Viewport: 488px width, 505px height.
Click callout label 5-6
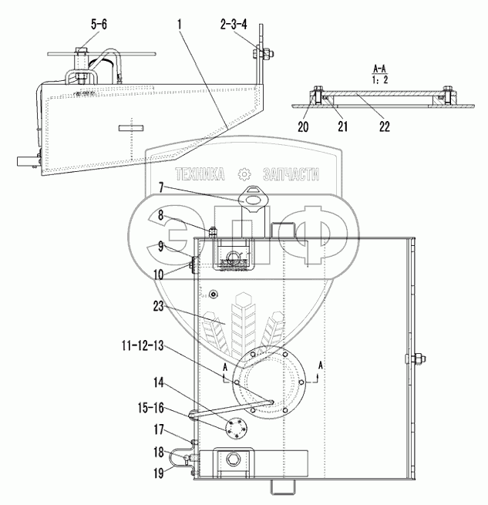(99, 24)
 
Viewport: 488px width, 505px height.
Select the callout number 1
(180, 24)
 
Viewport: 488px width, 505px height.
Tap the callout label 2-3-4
(234, 24)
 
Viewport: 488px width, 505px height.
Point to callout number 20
(303, 127)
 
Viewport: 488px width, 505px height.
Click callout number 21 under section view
(343, 126)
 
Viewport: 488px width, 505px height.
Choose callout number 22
(384, 126)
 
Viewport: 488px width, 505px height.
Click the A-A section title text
(380, 69)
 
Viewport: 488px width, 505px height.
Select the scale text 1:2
(380, 79)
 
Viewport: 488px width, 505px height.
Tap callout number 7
(161, 187)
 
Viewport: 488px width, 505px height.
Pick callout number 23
(158, 306)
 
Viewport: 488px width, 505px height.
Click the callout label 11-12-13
(143, 345)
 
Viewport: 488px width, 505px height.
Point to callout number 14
(159, 382)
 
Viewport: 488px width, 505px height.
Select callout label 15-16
(151, 408)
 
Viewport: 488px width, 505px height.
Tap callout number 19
(159, 473)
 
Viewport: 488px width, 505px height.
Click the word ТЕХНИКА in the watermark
(200, 174)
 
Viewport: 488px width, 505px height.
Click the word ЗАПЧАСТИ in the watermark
(291, 174)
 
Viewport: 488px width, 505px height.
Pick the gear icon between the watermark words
(244, 174)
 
